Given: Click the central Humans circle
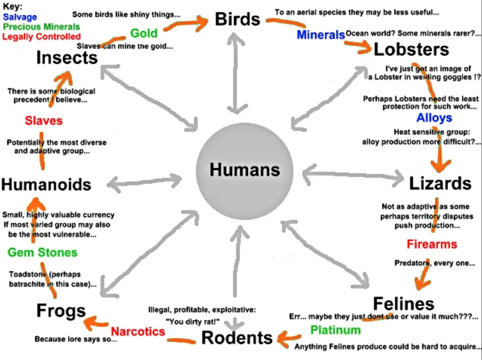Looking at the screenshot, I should point(245,170).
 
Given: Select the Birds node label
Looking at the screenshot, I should point(237,19).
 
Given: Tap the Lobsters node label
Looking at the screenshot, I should point(411,50).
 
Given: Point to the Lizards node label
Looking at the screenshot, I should point(440,183).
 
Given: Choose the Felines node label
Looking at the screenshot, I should point(403,304).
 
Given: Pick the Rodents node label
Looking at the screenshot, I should point(237,337).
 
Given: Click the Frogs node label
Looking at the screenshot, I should point(61,311).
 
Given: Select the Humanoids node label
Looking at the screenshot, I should point(46,185).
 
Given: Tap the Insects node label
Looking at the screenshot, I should point(67,58).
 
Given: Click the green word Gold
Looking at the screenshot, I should point(144,33).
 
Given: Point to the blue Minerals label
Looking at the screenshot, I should point(320,35).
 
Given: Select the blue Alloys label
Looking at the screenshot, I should point(434,118).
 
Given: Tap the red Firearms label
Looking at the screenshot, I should point(432,244).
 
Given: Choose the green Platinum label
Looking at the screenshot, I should point(335,330).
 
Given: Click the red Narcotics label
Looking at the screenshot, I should point(138,331).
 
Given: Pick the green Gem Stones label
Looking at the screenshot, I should point(42,252).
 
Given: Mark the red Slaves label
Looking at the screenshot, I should point(44,121).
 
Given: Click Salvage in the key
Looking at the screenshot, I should point(20,17).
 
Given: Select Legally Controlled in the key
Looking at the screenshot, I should point(41,37).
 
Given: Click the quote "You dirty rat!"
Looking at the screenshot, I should point(193,322).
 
